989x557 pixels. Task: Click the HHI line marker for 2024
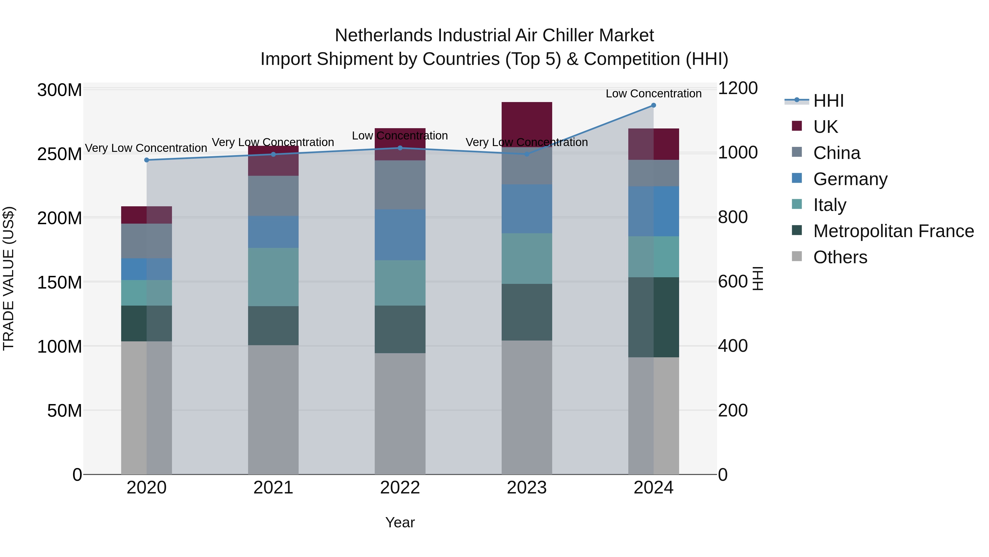tap(654, 105)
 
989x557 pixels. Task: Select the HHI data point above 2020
tap(146, 160)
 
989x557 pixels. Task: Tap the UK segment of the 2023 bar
tap(527, 124)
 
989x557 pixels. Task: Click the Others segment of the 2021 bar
tap(273, 409)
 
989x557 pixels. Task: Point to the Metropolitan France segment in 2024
tap(654, 317)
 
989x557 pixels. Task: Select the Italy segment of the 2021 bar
tap(273, 277)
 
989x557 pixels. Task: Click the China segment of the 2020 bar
tap(146, 241)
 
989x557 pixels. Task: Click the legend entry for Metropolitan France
tap(893, 231)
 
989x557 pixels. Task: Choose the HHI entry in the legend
tap(828, 101)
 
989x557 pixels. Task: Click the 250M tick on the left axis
tap(60, 154)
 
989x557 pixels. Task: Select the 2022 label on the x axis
tap(400, 488)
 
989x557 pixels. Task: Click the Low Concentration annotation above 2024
tap(654, 94)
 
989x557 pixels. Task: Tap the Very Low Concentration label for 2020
tap(146, 148)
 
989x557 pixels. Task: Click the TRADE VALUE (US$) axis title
tap(9, 278)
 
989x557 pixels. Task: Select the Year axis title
tap(400, 522)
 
